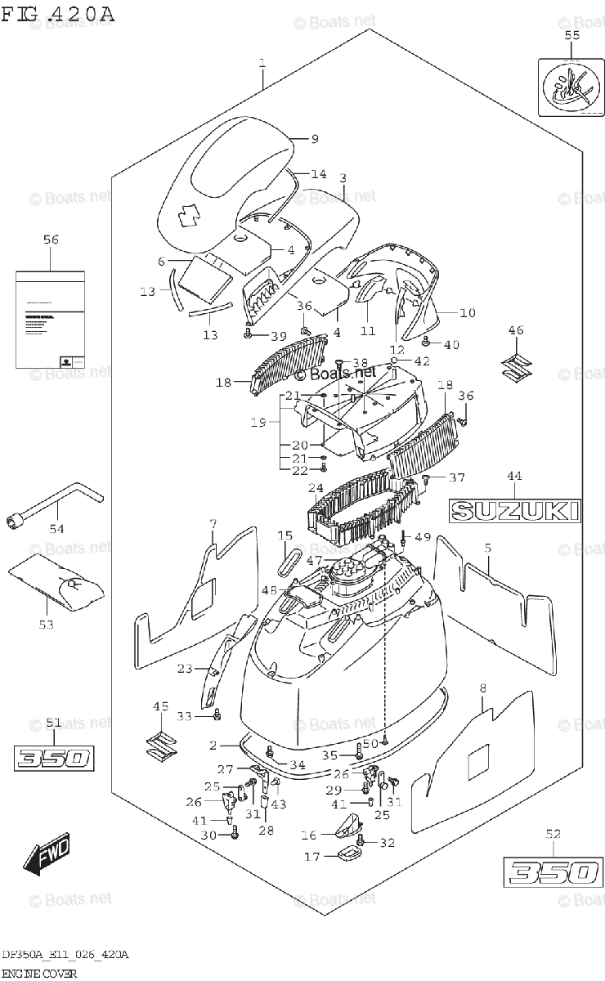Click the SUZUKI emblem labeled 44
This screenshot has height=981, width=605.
click(515, 511)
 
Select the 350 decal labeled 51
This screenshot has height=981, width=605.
click(53, 757)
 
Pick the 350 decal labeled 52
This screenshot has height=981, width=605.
click(551, 872)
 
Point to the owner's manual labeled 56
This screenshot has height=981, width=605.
click(50, 320)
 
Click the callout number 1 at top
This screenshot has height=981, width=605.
click(262, 62)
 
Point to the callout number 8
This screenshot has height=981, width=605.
click(482, 688)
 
